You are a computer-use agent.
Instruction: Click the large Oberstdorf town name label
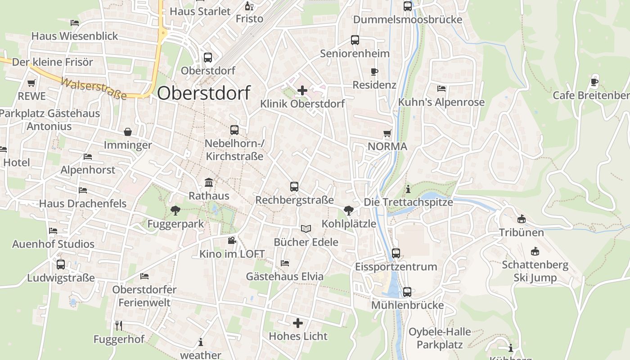(203, 93)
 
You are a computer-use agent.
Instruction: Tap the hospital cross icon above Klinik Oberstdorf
(302, 90)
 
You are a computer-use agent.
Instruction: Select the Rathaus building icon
(209, 183)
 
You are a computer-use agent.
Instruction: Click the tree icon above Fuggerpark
(175, 210)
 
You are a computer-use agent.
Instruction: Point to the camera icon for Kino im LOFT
(232, 241)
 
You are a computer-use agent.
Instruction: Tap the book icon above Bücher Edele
(306, 229)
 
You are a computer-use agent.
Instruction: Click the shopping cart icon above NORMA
(387, 134)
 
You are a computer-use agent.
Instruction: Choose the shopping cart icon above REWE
(31, 83)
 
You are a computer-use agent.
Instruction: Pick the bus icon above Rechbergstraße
(294, 186)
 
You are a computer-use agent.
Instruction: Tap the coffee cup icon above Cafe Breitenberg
(594, 82)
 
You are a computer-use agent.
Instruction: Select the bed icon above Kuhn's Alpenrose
(441, 89)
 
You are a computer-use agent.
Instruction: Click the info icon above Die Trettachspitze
(408, 189)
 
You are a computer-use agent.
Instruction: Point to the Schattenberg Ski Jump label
(535, 271)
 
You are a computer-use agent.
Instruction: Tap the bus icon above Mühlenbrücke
(407, 292)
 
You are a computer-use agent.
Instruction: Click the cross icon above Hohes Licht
(298, 323)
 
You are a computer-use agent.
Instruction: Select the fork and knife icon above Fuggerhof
(119, 325)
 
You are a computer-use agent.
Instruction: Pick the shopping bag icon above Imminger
(128, 132)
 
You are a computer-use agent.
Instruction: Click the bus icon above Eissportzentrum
(396, 253)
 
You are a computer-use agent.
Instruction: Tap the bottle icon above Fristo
(249, 6)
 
